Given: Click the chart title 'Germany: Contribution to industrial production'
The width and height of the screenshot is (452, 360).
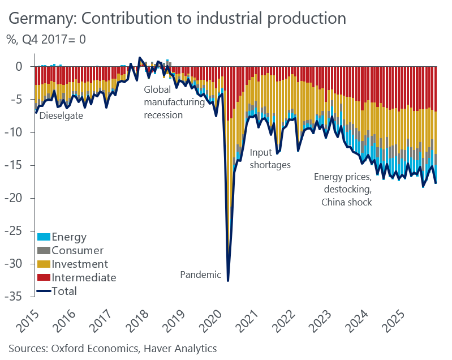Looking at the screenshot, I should (177, 18).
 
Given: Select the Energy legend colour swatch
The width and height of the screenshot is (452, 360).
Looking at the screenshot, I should (44, 237).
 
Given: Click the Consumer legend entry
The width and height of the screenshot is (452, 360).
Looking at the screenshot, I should (78, 250).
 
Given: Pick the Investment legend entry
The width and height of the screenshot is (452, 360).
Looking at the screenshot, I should (80, 264).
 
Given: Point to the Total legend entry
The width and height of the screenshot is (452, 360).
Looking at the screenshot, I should (64, 292).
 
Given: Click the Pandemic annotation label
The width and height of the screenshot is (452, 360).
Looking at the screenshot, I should (200, 275).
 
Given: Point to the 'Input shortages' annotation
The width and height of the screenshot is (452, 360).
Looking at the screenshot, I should (270, 158).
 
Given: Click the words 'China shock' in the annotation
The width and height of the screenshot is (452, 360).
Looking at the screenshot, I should (346, 202).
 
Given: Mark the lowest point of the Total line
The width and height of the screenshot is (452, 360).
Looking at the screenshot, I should (228, 281).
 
